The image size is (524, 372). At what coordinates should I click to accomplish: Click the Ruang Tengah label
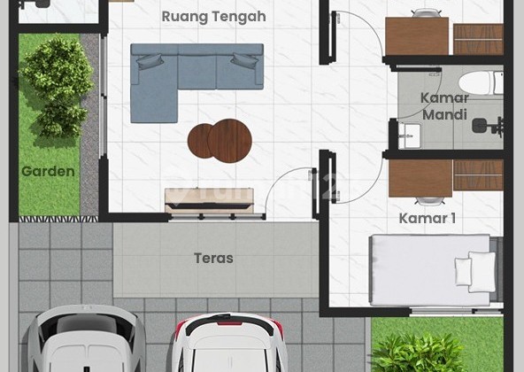213,17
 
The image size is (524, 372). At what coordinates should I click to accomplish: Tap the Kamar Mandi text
443,106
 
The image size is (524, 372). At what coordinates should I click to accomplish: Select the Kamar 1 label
428,218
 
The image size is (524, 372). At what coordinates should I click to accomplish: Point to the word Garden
48,171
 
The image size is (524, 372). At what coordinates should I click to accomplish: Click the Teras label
213,259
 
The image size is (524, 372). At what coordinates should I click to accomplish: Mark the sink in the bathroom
408,136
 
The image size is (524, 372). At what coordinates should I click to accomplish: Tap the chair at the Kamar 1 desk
427,200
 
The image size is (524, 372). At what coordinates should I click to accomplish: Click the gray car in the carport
85,341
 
